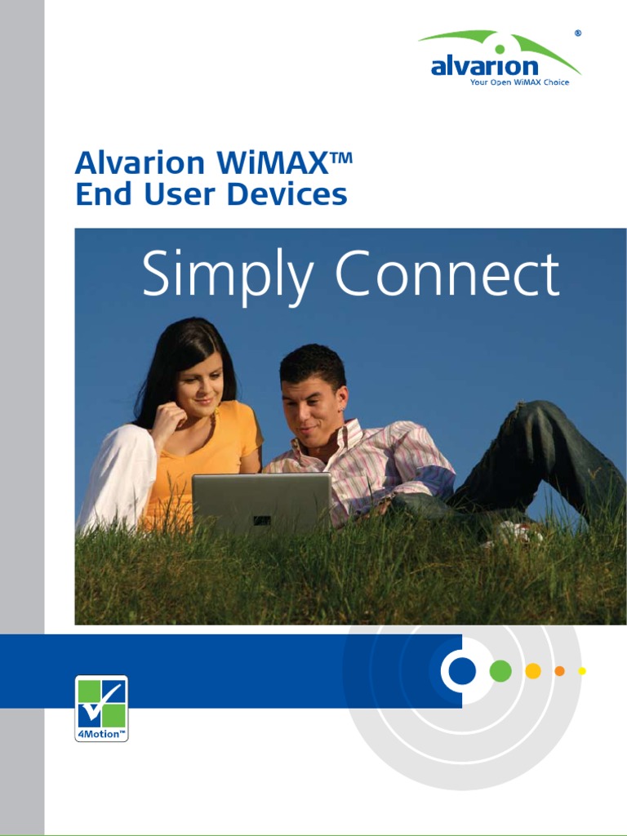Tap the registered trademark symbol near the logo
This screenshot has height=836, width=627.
click(x=578, y=33)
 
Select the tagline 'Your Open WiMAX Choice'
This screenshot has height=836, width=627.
click(x=519, y=82)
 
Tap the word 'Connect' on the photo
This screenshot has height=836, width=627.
click(x=447, y=275)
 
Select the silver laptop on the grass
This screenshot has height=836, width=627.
click(x=261, y=501)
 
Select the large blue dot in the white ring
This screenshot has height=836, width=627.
click(x=462, y=671)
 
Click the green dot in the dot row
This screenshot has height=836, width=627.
click(x=500, y=671)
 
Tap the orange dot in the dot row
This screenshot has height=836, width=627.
click(x=559, y=671)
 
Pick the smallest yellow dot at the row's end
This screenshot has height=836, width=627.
click(x=582, y=671)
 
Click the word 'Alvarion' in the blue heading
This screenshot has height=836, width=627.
click(x=140, y=162)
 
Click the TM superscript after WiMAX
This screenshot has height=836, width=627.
click(x=341, y=155)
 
